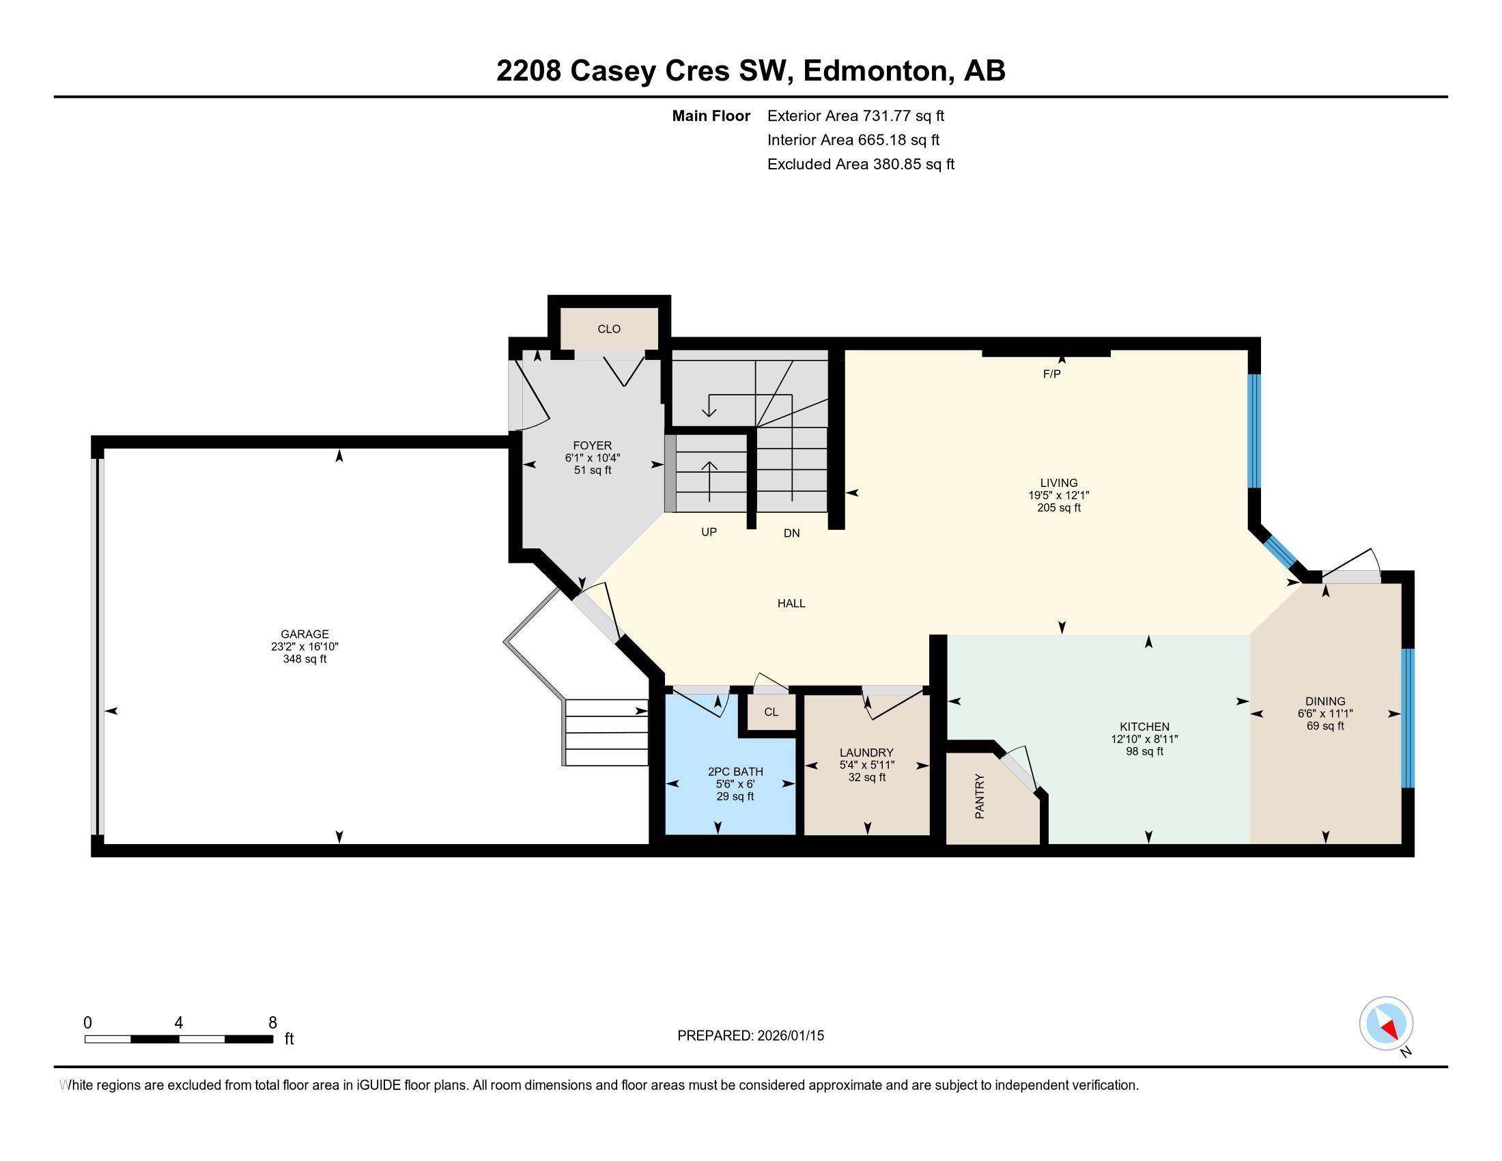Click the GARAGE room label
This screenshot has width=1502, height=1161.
(304, 634)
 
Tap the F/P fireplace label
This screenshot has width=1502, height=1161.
(1051, 374)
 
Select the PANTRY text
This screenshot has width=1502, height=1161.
(980, 796)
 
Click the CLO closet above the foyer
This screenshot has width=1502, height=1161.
(608, 328)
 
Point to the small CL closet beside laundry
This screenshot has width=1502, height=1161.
(771, 712)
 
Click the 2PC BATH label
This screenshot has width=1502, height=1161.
(735, 772)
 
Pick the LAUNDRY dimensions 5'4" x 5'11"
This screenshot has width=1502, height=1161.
(866, 765)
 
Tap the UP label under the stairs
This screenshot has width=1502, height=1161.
(709, 531)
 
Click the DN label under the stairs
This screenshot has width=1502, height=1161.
(791, 533)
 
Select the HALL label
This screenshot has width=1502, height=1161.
(791, 603)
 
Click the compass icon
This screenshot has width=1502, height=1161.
(1386, 1024)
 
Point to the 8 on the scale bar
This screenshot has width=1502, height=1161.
(272, 1023)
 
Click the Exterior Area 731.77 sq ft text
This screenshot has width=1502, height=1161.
(855, 115)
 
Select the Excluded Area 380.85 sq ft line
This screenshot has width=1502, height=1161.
(860, 165)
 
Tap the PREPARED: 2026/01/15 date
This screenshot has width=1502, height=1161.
(750, 1035)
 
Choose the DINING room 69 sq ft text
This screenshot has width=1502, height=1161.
(1324, 725)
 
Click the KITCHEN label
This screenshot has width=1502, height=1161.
(1144, 727)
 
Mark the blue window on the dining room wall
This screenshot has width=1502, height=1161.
(1407, 717)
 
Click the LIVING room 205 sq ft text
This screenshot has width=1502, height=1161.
(1058, 507)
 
